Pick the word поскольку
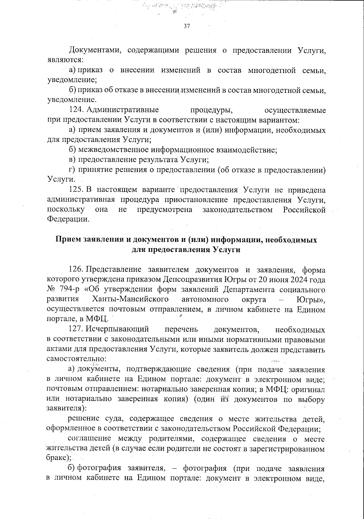pos(66,210)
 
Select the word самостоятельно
pos(76,359)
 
